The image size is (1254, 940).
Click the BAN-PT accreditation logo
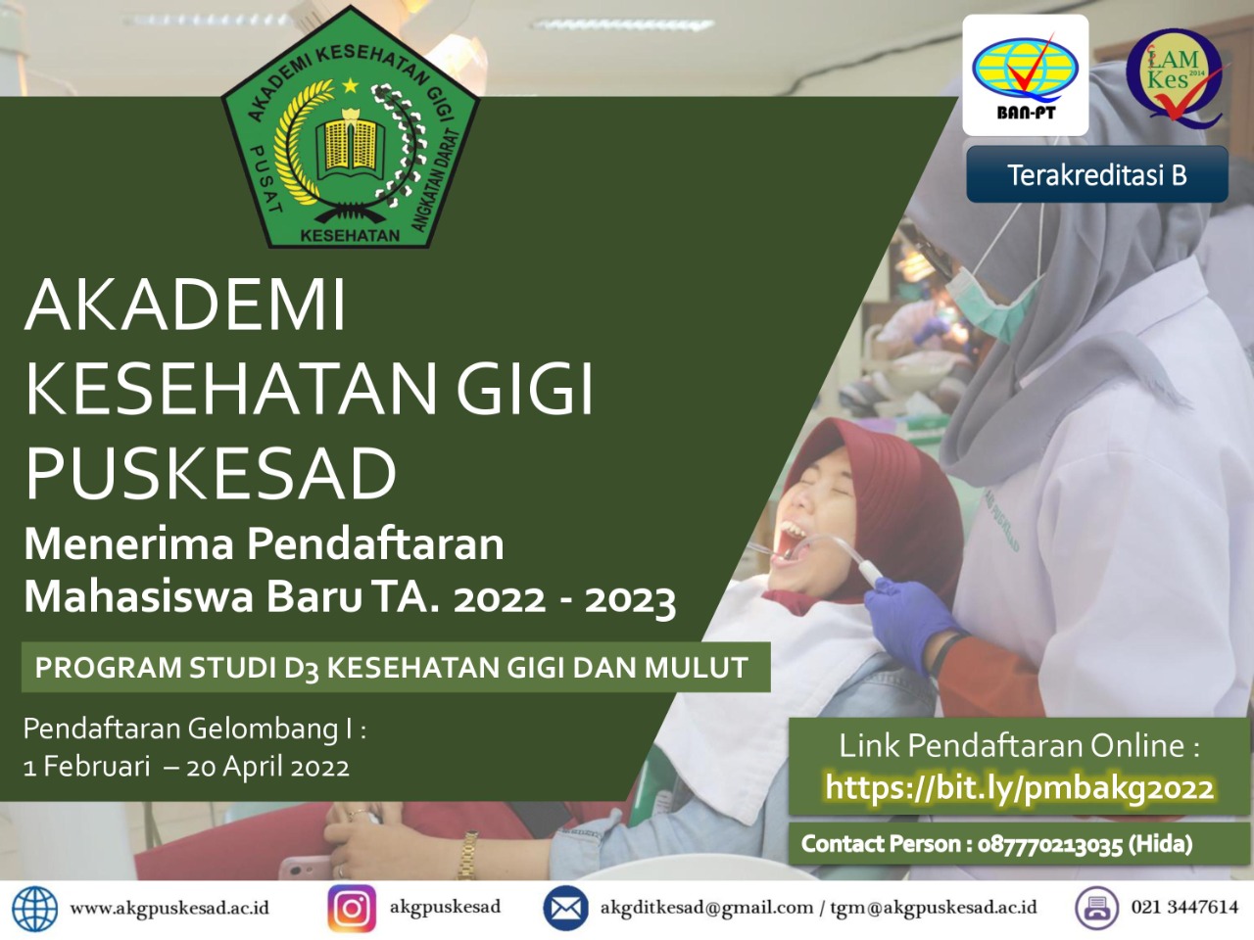click(1025, 75)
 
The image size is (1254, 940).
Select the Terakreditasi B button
click(1096, 174)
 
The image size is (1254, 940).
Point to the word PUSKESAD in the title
click(211, 474)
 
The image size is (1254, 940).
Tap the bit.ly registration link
click(1019, 788)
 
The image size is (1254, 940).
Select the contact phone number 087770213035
click(1050, 844)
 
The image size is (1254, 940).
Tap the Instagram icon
click(352, 908)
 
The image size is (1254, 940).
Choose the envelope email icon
click(565, 908)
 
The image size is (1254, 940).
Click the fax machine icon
click(1097, 908)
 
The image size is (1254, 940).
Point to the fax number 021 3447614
click(1184, 907)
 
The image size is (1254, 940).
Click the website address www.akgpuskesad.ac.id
click(169, 909)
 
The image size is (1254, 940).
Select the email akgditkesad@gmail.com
click(706, 908)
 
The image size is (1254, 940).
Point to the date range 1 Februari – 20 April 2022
click(186, 767)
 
